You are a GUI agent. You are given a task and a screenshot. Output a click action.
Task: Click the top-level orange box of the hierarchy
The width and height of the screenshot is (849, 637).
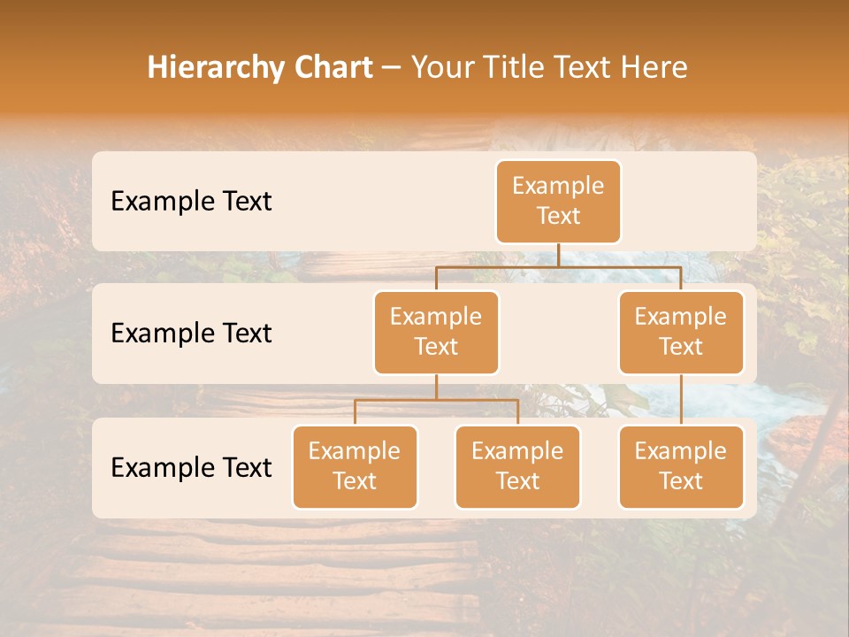(558, 202)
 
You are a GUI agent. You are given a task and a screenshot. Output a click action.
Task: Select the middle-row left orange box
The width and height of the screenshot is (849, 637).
(436, 333)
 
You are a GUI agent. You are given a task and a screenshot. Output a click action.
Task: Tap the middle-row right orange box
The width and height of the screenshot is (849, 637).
(681, 333)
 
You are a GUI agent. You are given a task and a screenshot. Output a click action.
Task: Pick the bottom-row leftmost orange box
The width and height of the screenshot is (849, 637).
(355, 467)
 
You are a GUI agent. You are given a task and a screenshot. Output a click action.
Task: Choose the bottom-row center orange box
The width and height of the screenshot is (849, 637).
(517, 467)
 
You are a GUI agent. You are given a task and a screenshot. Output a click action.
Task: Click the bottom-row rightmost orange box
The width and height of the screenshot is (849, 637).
(681, 467)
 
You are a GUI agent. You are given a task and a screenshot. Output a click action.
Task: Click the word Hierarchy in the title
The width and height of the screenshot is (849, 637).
(216, 68)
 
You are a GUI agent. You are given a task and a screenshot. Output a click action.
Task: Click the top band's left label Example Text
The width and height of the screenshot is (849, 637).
(191, 202)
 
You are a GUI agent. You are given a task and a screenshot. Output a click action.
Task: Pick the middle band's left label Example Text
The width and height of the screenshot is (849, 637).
(191, 334)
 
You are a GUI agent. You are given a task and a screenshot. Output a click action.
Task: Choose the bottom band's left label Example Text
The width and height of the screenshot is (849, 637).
(191, 468)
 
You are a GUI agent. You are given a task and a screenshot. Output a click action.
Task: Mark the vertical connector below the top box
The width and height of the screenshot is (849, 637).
(558, 255)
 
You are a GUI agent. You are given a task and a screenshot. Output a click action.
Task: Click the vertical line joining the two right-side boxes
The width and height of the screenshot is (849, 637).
(681, 400)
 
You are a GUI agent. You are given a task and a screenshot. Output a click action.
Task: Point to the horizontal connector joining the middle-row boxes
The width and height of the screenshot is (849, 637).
(558, 266)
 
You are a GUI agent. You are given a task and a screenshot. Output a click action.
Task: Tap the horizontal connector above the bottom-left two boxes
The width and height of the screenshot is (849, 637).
(436, 400)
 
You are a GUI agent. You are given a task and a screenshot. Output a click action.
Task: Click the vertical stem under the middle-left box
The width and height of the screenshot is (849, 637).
(436, 387)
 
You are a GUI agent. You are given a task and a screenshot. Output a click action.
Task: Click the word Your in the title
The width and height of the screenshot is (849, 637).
(441, 68)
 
